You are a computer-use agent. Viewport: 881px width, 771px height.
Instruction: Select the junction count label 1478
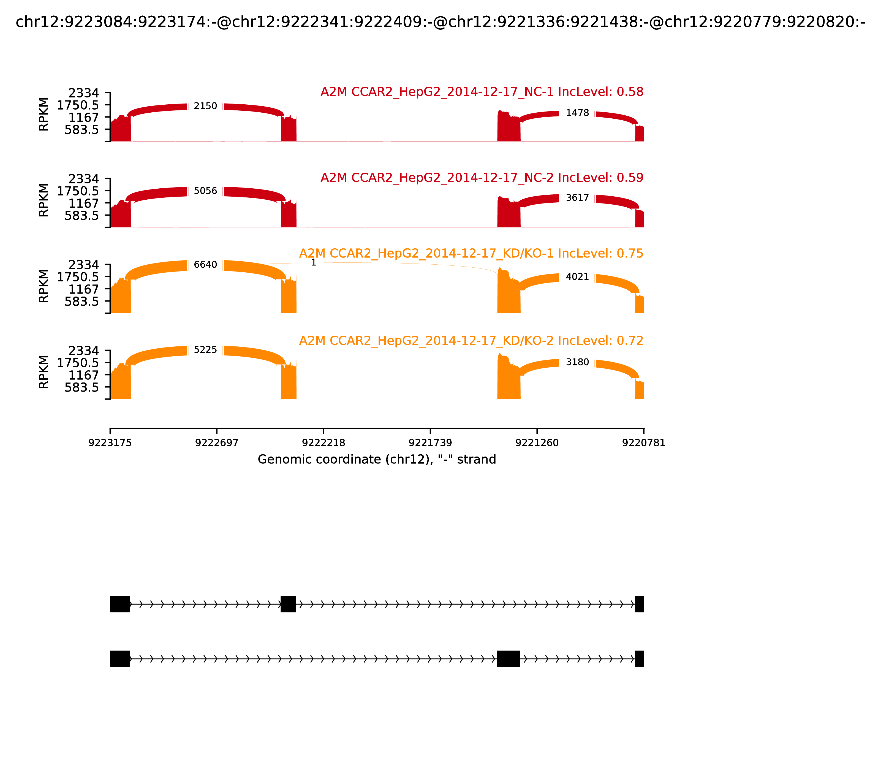coord(577,113)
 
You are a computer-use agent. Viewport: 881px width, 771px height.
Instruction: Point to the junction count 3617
coord(577,198)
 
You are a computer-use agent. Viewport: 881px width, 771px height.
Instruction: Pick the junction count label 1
coord(314,262)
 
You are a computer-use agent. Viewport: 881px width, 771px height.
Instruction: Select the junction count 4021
coord(577,277)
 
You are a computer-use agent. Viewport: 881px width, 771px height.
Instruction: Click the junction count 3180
coord(577,362)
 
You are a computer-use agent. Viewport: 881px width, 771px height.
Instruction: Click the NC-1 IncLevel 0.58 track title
coord(482,92)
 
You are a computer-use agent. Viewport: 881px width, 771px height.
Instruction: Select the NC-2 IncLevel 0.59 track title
coord(482,178)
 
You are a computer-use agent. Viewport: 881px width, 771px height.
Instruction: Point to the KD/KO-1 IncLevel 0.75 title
coord(471,253)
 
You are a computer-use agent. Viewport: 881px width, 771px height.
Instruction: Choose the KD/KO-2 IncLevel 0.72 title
coord(471,341)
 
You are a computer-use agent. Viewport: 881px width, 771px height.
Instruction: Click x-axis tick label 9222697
coord(217,443)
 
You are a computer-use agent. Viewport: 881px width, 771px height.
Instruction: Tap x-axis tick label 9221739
coord(430,443)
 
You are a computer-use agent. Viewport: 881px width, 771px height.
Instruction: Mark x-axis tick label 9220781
coord(644,443)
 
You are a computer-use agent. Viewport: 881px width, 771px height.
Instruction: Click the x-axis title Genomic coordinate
coord(377,460)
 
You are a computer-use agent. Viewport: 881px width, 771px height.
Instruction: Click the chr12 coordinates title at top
coord(440,22)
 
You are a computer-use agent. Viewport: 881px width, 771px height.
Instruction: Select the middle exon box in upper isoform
coord(288,604)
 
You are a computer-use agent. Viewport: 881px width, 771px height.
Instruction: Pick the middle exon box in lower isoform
coord(509,659)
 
